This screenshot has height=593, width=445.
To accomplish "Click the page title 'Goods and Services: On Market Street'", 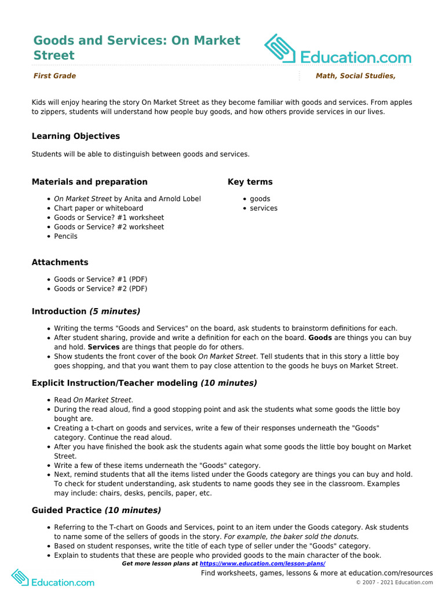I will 136,48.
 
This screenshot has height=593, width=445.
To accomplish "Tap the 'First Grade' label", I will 54,76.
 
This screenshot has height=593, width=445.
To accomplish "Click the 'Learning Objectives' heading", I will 76,136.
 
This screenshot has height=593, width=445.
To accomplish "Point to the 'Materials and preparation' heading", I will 89,182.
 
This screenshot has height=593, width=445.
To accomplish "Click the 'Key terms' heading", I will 250,182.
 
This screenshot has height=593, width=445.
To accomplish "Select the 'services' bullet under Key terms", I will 264,208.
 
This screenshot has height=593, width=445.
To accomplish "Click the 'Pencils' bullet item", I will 65,236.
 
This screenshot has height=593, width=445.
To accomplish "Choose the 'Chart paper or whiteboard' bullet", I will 99,208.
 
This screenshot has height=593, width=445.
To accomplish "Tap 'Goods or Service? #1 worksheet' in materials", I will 109,218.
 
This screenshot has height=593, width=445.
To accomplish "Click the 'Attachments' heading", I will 60,262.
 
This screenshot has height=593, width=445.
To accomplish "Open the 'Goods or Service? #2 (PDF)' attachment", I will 100,288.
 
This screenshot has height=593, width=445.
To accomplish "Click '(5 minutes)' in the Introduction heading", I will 115,312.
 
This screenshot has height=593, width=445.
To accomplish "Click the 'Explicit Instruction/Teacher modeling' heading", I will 115,383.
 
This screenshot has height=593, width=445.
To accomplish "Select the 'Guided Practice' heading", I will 67,510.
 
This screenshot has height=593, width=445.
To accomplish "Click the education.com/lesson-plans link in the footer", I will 262,563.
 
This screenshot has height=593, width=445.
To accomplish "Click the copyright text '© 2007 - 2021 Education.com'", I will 394,583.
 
